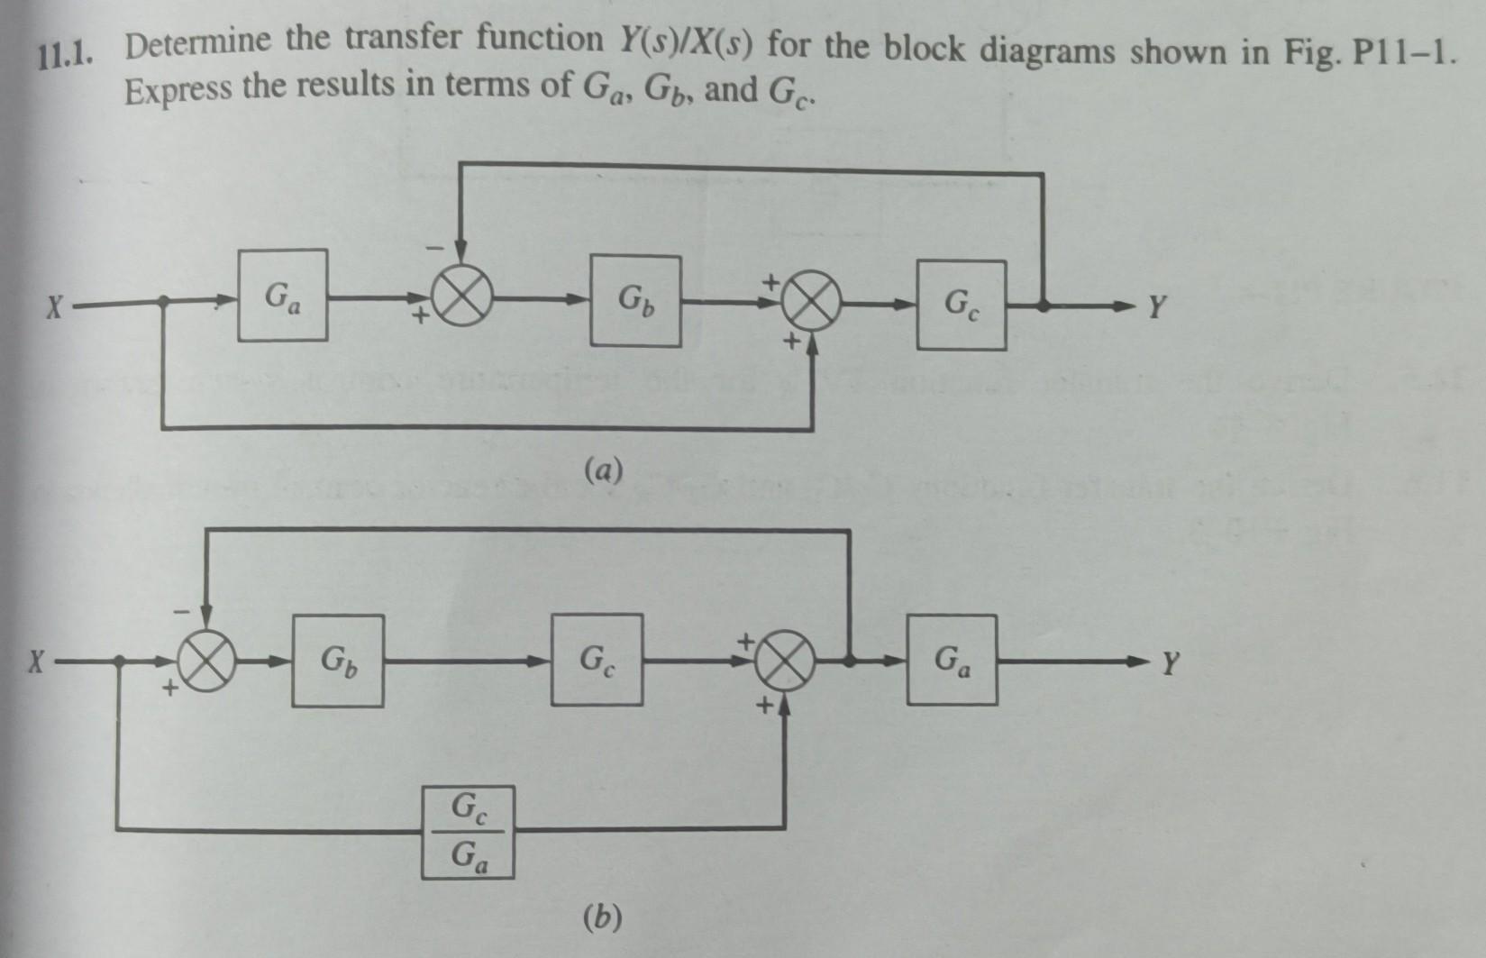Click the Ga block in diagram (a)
[282, 296]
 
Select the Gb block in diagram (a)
[635, 300]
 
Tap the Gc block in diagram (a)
[962, 306]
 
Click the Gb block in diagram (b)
[337, 661]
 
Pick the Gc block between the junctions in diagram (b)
[597, 660]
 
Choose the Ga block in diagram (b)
[952, 660]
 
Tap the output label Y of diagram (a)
[1157, 311]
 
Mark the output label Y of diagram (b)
[1169, 667]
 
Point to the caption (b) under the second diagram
[602, 917]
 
